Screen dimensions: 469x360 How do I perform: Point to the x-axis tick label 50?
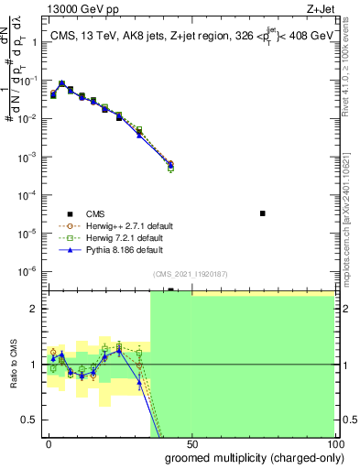click(191, 442)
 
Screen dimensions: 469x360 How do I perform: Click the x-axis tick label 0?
click(49, 442)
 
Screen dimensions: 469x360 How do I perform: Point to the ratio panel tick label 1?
click(37, 365)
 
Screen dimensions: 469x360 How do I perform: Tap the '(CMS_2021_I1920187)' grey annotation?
click(191, 274)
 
